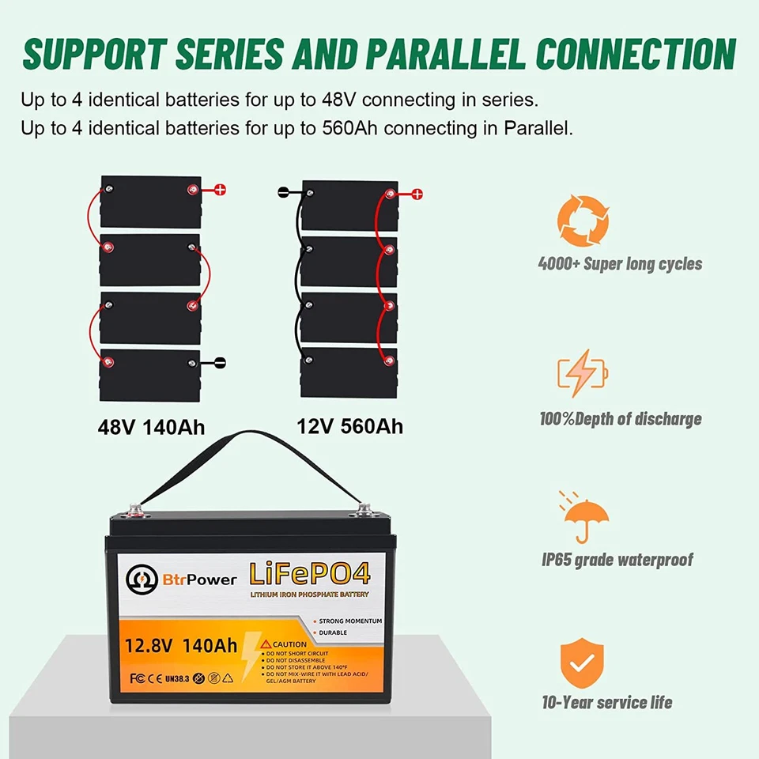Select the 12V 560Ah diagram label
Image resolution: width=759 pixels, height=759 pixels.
pos(349,426)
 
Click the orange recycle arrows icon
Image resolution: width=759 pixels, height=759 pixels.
pos(583,221)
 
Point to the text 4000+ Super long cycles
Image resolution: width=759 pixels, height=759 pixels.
pos(620,263)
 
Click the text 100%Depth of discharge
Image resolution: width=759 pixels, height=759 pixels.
pos(620,418)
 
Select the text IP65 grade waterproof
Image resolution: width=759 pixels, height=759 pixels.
pos(617,560)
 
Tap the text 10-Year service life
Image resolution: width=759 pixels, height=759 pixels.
pos(607,702)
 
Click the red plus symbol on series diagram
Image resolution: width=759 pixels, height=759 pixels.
pos(221,190)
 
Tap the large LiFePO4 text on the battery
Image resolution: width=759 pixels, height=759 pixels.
pos(313,574)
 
